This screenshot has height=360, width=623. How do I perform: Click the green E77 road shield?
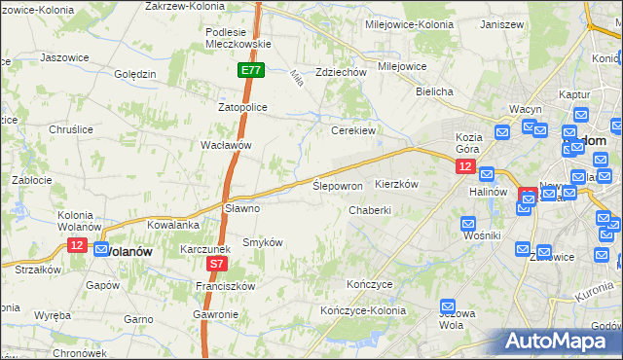click(x=250, y=70)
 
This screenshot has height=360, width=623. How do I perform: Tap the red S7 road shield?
click(x=217, y=264)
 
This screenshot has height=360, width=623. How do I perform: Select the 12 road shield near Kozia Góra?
click(x=464, y=167)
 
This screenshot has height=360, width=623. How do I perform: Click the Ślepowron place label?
click(x=338, y=185)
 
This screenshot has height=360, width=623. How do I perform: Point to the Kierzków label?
click(x=396, y=184)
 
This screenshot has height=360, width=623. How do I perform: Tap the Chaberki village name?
click(x=370, y=210)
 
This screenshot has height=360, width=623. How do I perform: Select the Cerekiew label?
click(x=353, y=129)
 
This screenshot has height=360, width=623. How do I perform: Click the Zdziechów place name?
click(x=341, y=72)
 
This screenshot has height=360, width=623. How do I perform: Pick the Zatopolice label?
click(x=242, y=107)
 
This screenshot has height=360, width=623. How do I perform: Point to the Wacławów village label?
click(x=226, y=145)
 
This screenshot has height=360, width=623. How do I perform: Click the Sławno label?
click(x=242, y=208)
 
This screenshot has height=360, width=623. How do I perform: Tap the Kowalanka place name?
click(x=174, y=225)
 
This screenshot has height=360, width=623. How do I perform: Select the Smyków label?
click(x=262, y=241)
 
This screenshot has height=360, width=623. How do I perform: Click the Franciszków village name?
click(x=225, y=286)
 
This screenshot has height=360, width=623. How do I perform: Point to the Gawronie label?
click(x=215, y=314)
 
